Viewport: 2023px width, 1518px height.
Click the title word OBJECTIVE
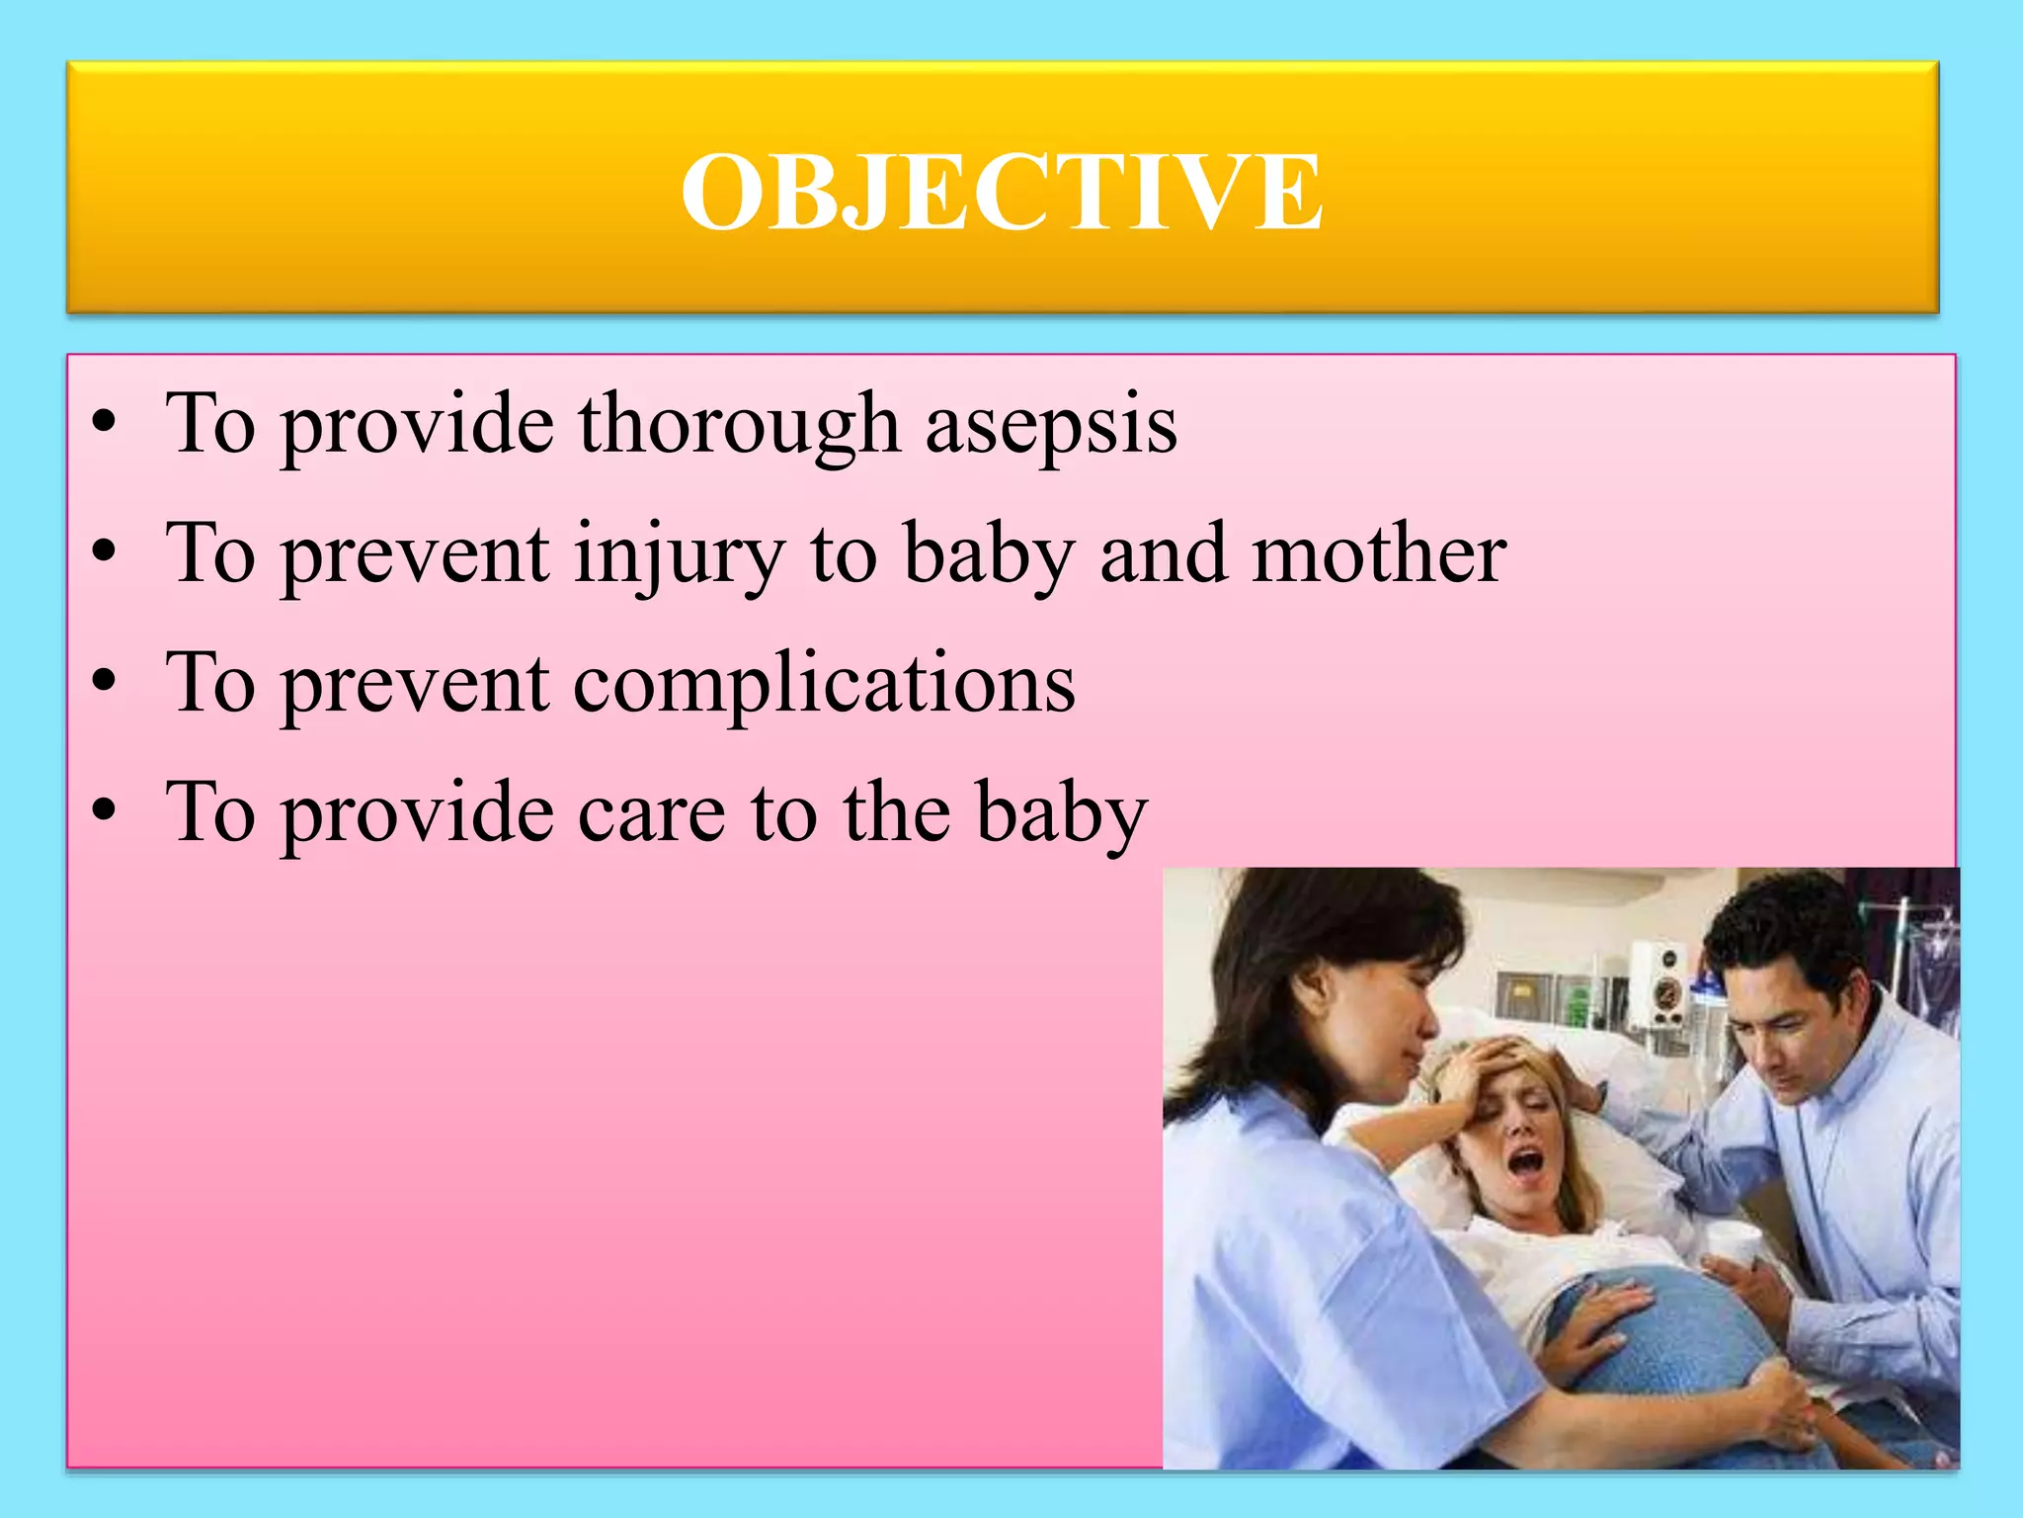(1002, 192)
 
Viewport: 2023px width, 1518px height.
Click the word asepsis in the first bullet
(1051, 425)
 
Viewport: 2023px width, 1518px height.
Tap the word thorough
(739, 425)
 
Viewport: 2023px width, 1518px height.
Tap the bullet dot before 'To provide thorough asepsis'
(103, 425)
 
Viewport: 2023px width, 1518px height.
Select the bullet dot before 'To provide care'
(103, 812)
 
